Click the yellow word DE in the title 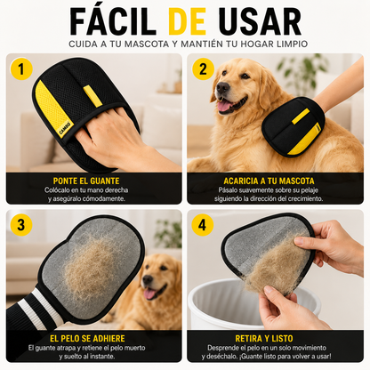(x=187, y=21)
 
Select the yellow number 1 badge (x=21, y=69)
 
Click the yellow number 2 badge (x=203, y=69)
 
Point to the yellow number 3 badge (x=21, y=225)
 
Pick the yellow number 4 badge (x=203, y=225)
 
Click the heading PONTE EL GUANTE (x=86, y=181)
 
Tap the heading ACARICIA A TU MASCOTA (x=269, y=181)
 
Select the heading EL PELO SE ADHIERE (x=87, y=338)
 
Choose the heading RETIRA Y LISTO (x=264, y=338)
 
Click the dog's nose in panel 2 (x=222, y=87)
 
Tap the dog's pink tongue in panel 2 (x=224, y=105)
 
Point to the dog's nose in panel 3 (x=148, y=279)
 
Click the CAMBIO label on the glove (x=65, y=128)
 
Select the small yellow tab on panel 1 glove (x=92, y=96)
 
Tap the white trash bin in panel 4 (x=225, y=305)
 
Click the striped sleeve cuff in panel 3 (x=41, y=310)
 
